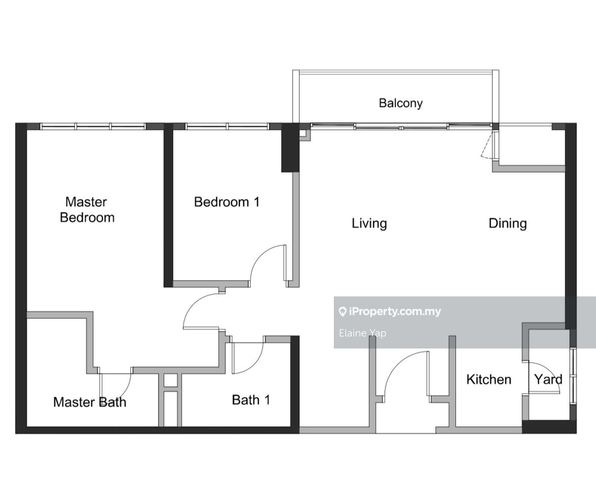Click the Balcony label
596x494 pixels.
click(x=401, y=103)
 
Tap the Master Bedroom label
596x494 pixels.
click(x=87, y=210)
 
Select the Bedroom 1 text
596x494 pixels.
click(x=227, y=202)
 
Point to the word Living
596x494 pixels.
click(x=369, y=224)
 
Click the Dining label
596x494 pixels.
click(x=508, y=224)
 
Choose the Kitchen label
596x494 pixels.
click(x=489, y=379)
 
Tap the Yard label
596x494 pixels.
click(x=548, y=379)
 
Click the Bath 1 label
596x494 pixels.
click(x=251, y=400)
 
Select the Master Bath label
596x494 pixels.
click(x=90, y=402)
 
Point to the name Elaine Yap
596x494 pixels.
click(x=363, y=333)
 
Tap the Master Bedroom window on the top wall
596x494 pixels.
click(x=93, y=126)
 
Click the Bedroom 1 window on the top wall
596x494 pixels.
click(x=227, y=126)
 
